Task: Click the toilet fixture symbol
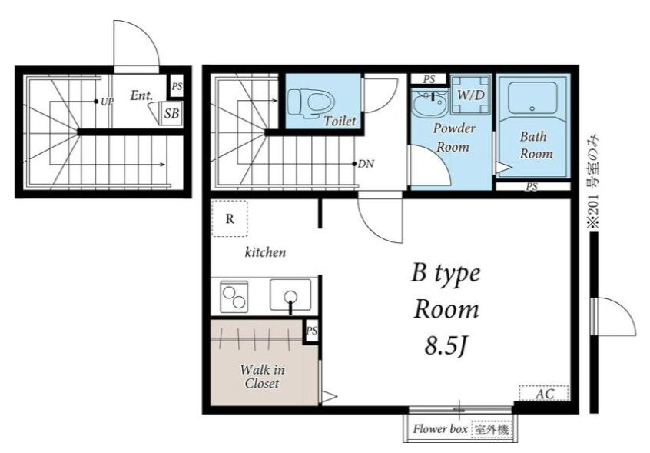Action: pyautogui.click(x=311, y=103)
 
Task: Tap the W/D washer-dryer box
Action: pyautogui.click(x=470, y=95)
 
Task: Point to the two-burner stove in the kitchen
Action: pyautogui.click(x=234, y=297)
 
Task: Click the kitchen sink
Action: pyautogui.click(x=290, y=295)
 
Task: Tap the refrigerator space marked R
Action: pyautogui.click(x=230, y=218)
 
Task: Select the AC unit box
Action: pyautogui.click(x=544, y=393)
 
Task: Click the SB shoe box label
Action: pyautogui.click(x=171, y=113)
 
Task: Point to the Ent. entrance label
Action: pyautogui.click(x=141, y=95)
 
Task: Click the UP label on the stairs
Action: pyautogui.click(x=107, y=102)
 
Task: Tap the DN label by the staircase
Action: pyautogui.click(x=366, y=165)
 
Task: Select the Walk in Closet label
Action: pyautogui.click(x=262, y=376)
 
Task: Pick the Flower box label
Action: pyautogui.click(x=440, y=429)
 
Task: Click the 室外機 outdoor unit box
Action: pyautogui.click(x=492, y=429)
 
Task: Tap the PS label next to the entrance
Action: pyautogui.click(x=177, y=87)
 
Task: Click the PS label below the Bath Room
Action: pyautogui.click(x=532, y=187)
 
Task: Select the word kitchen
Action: pyautogui.click(x=265, y=252)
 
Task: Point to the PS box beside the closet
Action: pyautogui.click(x=311, y=331)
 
